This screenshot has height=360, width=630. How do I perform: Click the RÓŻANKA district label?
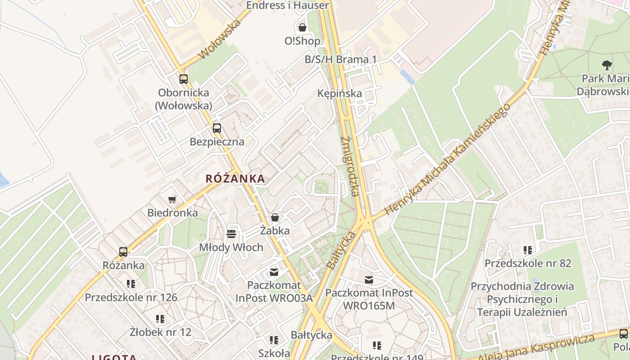pos(235,179)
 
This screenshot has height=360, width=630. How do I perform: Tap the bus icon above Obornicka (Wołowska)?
pos(183,79)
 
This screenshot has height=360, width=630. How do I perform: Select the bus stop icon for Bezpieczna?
pos(217,128)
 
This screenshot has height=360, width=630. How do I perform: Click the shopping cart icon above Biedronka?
pos(172,199)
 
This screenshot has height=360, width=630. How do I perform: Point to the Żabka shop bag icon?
pos(275,218)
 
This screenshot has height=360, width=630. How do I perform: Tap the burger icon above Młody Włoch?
pos(231,234)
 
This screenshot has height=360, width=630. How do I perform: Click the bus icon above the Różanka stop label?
pos(123,252)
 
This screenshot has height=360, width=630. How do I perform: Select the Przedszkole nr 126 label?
pos(131,297)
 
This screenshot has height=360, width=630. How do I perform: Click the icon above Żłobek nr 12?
pos(160,319)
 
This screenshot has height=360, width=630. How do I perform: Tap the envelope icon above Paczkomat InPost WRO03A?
pos(274,272)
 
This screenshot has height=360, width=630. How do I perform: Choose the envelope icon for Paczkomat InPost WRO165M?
pos(369,280)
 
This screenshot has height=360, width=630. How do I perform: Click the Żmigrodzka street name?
pos(350,166)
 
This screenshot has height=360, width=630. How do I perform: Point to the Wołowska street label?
pos(220,39)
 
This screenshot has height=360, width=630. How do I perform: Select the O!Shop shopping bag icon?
pos(302,27)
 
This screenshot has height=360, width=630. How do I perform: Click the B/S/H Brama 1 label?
pos(341,60)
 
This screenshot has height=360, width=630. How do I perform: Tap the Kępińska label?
pos(339,94)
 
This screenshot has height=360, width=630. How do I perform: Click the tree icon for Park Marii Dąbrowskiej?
pos(607,65)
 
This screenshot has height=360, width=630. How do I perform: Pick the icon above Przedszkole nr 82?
pos(528,250)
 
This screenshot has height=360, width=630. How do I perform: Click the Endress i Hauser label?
pos(288,5)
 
